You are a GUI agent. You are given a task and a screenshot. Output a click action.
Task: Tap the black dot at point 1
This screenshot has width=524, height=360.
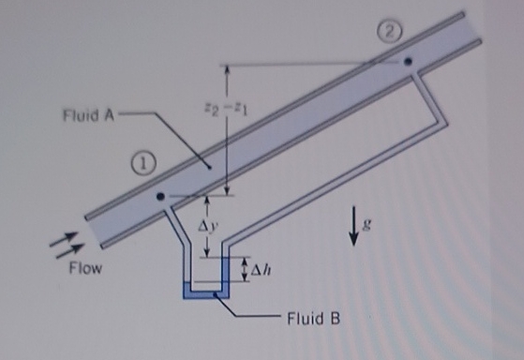[160, 197]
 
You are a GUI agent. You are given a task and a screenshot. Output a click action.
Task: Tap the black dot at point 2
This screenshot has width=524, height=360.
[408, 63]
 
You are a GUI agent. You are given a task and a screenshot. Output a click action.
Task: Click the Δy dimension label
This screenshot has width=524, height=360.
[212, 227]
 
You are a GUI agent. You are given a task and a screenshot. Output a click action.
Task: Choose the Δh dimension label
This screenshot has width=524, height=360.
[262, 270]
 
